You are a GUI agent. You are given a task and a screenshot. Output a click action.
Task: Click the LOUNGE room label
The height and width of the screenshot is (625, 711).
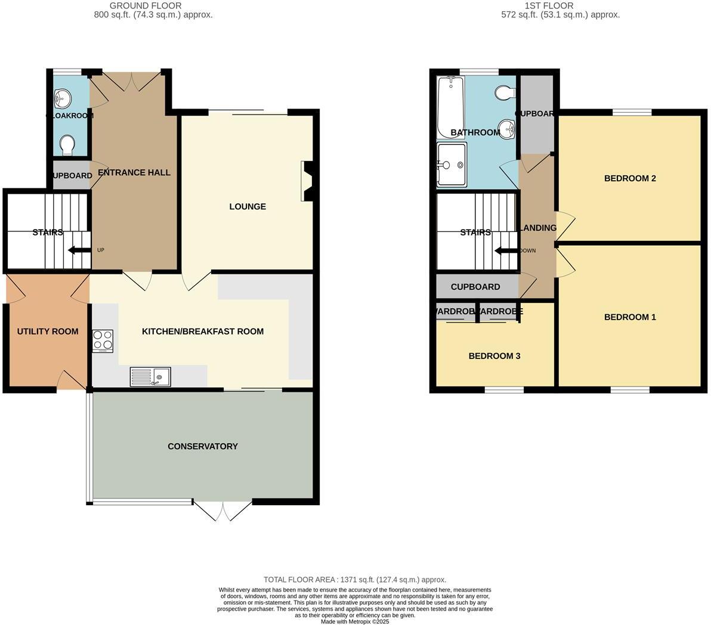tap(248, 207)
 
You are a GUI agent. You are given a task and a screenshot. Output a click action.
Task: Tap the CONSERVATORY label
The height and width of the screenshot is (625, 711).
tap(203, 447)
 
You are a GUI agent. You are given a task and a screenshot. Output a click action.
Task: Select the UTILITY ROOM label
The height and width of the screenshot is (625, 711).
tap(48, 332)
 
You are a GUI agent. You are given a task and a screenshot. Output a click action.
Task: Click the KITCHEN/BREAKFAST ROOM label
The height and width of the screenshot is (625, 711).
tap(203, 332)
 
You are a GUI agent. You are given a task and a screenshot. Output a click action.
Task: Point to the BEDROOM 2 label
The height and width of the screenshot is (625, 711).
tap(630, 178)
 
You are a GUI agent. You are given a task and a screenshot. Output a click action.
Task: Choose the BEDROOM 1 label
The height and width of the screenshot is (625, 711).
tap(630, 317)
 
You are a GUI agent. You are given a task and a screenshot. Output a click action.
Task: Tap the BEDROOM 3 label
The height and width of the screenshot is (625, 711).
tap(494, 356)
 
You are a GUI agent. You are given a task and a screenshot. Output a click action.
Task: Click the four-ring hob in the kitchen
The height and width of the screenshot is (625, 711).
tap(103, 341)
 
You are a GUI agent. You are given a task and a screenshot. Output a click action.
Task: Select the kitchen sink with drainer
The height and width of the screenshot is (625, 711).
tap(150, 377)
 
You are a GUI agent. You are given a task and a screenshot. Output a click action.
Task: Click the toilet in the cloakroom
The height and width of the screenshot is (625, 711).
tap(67, 145)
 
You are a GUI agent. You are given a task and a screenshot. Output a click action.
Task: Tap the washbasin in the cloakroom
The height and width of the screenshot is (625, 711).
tap(62, 97)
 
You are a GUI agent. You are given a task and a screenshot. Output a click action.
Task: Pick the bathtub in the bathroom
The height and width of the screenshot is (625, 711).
tap(448, 106)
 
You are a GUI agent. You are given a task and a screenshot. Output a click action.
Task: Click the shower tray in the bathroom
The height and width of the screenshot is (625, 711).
tap(452, 165)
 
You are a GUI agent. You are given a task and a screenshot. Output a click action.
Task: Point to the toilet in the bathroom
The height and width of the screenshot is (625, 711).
tap(505, 92)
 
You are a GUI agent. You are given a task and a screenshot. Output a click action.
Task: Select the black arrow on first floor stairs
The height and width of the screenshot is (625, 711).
tap(506, 250)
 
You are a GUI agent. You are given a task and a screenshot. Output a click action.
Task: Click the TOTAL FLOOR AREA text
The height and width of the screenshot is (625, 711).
tap(355, 580)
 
